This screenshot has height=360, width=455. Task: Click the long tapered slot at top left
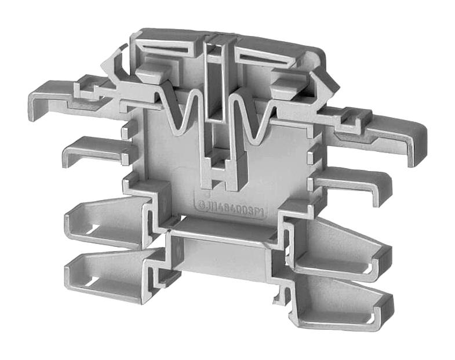[x=168, y=50]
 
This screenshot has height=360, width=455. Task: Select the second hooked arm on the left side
[x=93, y=149]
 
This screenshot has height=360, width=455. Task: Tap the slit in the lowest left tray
[x=90, y=282]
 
